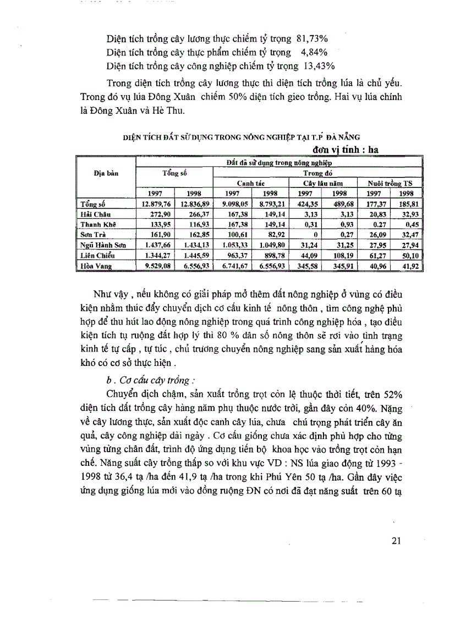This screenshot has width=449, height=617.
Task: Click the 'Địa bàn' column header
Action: (106, 173)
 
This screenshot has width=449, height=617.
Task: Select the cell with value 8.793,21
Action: (271, 204)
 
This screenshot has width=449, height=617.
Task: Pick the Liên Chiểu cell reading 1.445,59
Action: (193, 255)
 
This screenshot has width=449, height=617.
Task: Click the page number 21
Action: (397, 541)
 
